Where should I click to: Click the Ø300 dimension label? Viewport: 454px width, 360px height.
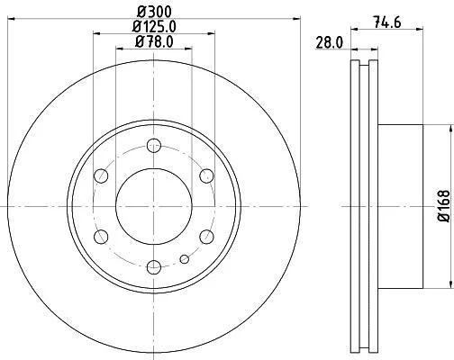click(154, 12)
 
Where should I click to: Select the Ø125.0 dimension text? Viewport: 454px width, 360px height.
click(154, 27)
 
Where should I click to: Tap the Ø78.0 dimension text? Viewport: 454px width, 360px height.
click(154, 41)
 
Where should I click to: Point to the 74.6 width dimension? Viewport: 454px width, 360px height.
click(387, 22)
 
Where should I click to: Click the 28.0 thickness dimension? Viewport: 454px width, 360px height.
click(329, 43)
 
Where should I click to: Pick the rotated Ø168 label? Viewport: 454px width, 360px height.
click(444, 206)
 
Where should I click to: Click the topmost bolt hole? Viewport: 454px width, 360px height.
click(154, 146)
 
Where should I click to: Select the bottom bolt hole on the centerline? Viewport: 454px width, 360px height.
click(154, 267)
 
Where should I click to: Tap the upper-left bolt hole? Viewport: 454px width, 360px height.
click(101, 176)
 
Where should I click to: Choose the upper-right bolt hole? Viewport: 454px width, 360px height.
click(206, 176)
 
